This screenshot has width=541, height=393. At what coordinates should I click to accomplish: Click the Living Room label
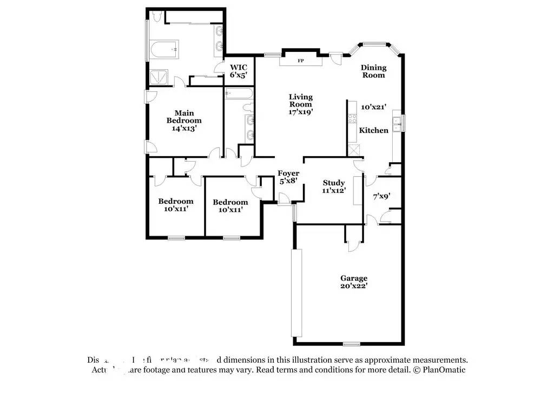(x=300, y=101)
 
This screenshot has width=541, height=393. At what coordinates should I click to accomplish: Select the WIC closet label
(x=239, y=68)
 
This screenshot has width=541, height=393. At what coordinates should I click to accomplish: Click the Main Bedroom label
(x=184, y=117)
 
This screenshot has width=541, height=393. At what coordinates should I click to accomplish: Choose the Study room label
(x=334, y=183)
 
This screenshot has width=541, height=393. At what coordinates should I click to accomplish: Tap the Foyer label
(x=288, y=174)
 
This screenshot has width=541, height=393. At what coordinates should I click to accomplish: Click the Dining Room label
(x=374, y=71)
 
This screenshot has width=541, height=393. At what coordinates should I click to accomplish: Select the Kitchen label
(x=374, y=130)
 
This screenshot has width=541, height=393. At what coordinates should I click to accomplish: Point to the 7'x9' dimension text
(x=381, y=196)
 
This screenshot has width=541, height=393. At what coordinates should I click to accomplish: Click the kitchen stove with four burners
(x=352, y=119)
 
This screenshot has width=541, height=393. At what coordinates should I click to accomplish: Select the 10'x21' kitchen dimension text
(x=374, y=108)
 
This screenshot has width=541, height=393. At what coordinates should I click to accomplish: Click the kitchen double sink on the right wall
(x=398, y=123)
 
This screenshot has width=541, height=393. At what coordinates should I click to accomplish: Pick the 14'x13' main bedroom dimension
(x=184, y=129)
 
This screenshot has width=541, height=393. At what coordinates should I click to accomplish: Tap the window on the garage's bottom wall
(x=352, y=344)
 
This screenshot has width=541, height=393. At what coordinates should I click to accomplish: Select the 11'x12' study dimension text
(x=334, y=191)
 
